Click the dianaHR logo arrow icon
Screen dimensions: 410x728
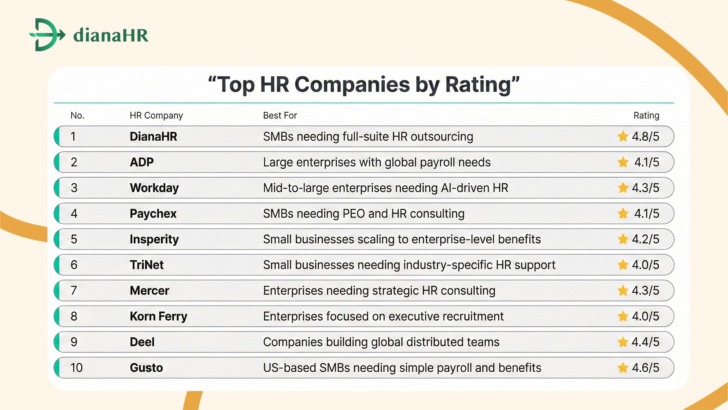coord(47,35)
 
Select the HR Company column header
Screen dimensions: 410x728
coord(156,115)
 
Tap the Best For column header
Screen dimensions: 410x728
coord(280,115)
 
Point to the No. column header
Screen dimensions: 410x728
coord(77,115)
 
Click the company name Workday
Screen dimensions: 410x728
coord(154,188)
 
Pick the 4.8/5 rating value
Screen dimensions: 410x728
coord(645,137)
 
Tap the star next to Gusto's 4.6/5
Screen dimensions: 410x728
coord(623,367)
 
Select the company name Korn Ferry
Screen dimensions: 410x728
coord(158,316)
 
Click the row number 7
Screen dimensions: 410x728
coord(74,290)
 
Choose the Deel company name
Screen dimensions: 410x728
coord(142,342)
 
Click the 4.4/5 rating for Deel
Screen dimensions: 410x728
coord(645,342)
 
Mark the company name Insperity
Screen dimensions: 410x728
coord(154,239)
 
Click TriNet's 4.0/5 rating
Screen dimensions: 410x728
coord(645,265)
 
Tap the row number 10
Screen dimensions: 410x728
coord(76,367)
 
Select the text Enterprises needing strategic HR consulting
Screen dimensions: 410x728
coord(379,290)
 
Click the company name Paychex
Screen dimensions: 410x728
coord(153,214)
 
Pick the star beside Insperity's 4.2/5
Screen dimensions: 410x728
coord(623,239)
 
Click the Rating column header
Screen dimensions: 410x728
coord(646,115)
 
